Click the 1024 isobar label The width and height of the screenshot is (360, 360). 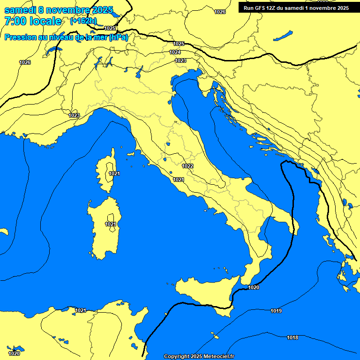(x=175, y=52)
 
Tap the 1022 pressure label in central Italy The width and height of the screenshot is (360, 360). (x=187, y=166)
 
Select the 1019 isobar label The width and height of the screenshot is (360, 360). (x=276, y=311)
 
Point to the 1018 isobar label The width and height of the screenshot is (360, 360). (x=292, y=338)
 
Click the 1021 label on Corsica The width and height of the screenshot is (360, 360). (x=114, y=173)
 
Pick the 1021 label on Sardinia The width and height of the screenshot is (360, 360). (x=110, y=224)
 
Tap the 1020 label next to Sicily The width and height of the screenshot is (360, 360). (x=254, y=287)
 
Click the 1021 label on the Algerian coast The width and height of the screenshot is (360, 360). (x=81, y=310)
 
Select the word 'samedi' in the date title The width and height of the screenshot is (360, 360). (x=20, y=10)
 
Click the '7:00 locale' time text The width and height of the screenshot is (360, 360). (x=33, y=21)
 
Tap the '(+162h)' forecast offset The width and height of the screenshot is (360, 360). (x=83, y=21)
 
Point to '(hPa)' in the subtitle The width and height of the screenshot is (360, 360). (x=119, y=37)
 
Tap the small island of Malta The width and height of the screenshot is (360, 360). (x=215, y=336)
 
